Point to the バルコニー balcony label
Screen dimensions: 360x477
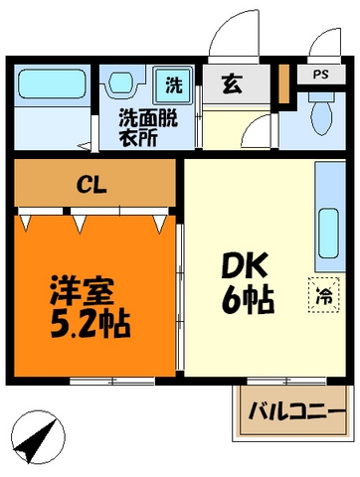(290, 411)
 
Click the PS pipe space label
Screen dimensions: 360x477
(322, 75)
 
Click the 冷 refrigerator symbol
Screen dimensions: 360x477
(324, 293)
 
